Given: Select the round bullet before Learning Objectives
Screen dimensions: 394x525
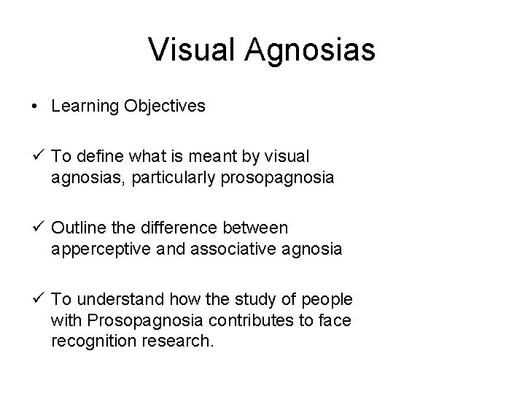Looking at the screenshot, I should click(x=35, y=107).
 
